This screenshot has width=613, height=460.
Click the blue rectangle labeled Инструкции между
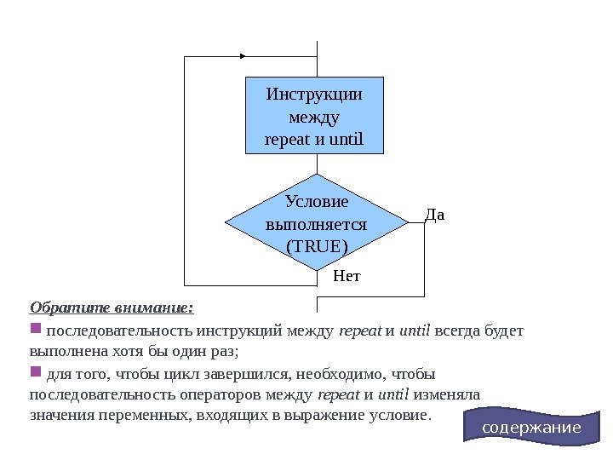click(x=314, y=115)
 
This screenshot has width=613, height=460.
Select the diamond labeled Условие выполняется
click(x=316, y=222)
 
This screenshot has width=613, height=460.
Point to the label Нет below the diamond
click(x=347, y=276)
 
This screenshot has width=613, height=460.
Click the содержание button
click(x=531, y=427)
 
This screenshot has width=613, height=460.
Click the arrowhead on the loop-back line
click(x=243, y=56)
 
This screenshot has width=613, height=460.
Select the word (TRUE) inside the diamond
click(x=316, y=246)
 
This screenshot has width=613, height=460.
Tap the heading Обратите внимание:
click(x=112, y=307)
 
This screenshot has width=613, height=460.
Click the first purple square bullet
click(x=35, y=329)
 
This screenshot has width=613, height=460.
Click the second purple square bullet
click(x=35, y=373)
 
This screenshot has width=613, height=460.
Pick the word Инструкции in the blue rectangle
click(x=314, y=93)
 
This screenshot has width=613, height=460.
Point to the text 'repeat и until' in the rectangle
click(x=314, y=137)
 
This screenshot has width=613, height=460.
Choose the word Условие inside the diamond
click(x=316, y=203)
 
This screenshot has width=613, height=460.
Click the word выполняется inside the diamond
click(x=316, y=225)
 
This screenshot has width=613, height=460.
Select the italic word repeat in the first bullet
click(x=358, y=330)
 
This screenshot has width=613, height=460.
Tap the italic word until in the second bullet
click(x=392, y=395)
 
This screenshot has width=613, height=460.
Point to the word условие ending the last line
click(x=399, y=416)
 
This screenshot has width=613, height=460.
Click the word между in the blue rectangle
click(x=314, y=115)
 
